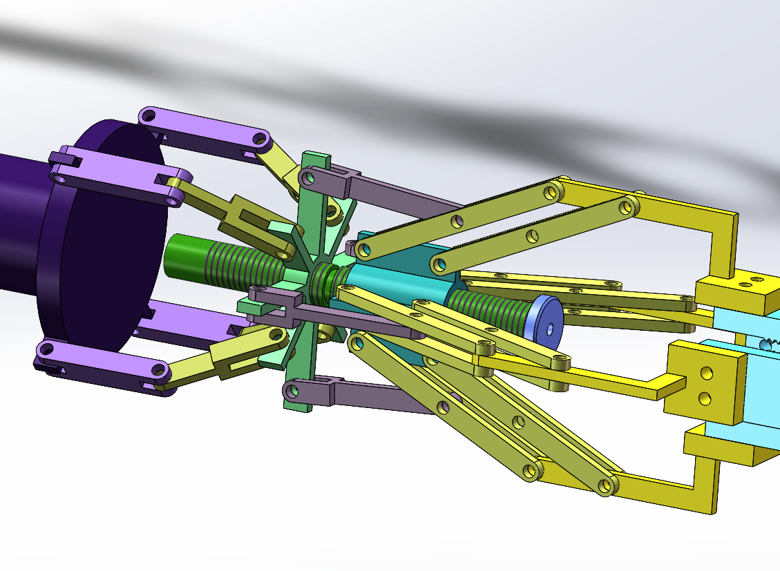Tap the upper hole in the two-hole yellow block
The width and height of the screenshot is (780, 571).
[705, 373]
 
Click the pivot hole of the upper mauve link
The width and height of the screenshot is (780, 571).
[309, 179]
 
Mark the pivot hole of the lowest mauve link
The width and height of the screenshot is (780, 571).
[292, 391]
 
